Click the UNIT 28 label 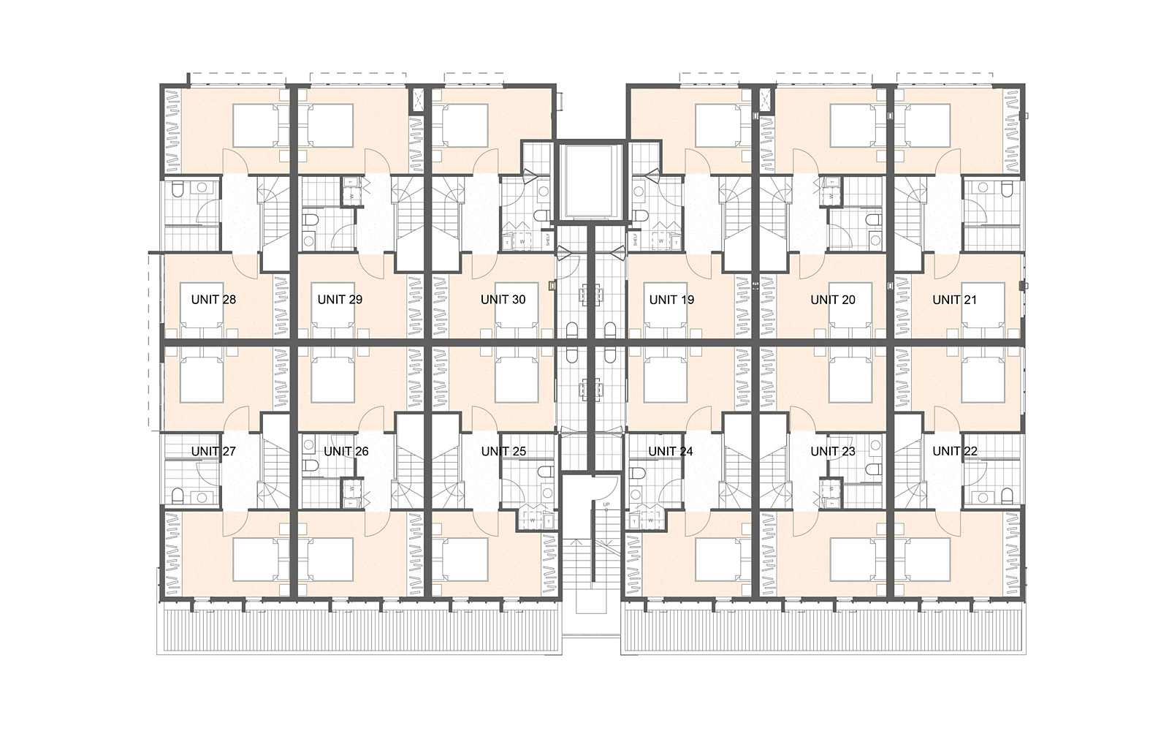(213, 300)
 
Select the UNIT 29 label (340, 300)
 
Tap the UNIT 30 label (503, 300)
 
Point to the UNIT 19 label (671, 300)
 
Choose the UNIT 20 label (833, 300)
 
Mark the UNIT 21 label (954, 300)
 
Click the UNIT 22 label (954, 452)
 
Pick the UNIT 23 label (833, 452)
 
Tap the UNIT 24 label (671, 452)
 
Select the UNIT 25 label (503, 452)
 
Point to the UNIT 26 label (346, 452)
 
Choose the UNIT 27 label (213, 452)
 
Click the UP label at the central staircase (606, 505)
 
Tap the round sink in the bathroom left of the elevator (543, 192)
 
